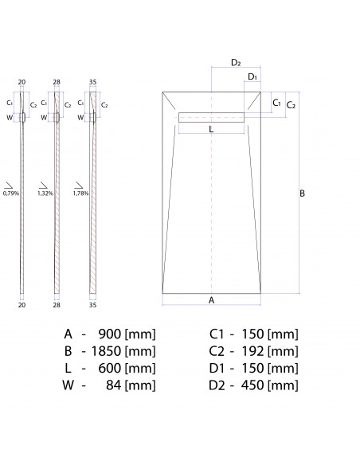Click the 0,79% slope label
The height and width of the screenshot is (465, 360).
tap(12, 193)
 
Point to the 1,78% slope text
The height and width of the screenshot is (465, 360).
tap(80, 193)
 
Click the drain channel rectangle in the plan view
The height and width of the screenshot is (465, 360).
tap(211, 116)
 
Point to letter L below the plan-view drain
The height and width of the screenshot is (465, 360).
tap(211, 128)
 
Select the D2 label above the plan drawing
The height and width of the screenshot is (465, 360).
tap(237, 62)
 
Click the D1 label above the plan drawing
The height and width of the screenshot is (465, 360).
tap(252, 77)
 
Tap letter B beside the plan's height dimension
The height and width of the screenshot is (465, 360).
tap(302, 193)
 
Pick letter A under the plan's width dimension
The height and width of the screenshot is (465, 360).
tap(211, 300)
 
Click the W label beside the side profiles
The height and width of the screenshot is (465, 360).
tap(10, 117)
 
